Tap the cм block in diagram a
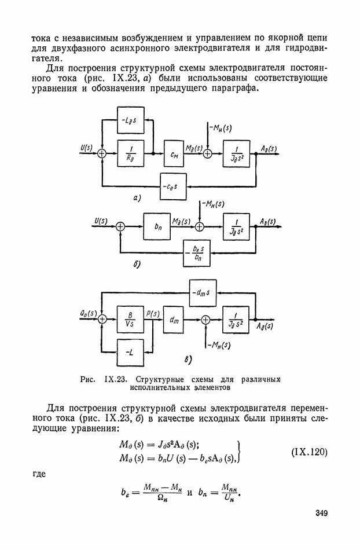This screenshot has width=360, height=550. tap(174, 153)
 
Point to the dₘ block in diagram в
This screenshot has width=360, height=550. tap(174, 318)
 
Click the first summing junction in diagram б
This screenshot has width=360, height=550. tap(120, 227)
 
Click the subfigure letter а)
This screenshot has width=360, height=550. tap(137, 198)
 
